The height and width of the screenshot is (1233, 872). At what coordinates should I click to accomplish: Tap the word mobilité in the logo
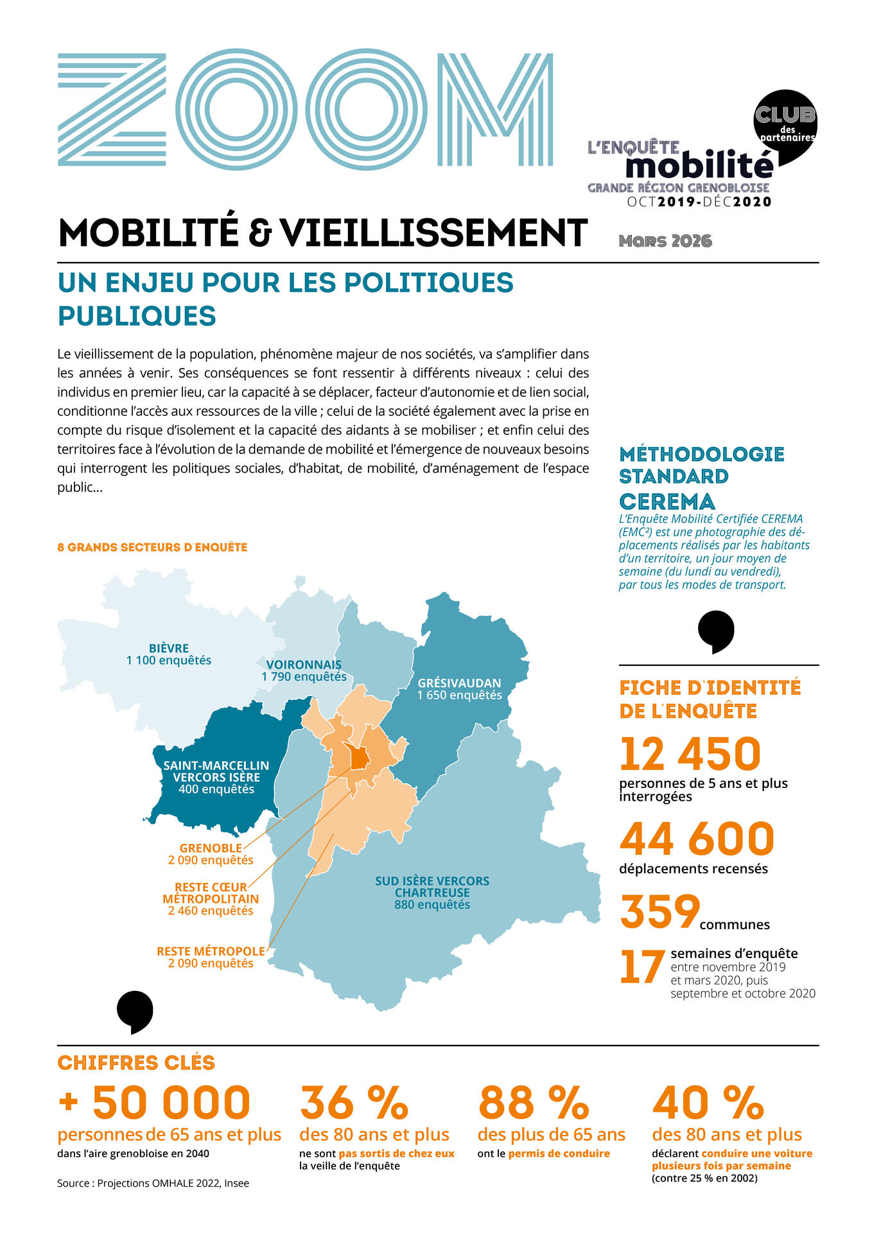699,166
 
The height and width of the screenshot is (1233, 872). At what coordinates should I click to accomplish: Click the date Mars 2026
665,241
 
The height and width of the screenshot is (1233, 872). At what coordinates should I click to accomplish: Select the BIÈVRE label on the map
169,654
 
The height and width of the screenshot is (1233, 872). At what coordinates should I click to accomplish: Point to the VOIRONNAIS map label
304,670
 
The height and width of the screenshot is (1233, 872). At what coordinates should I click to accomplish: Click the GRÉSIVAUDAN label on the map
459,689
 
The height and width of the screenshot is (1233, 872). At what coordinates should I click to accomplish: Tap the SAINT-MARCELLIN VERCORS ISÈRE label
216,777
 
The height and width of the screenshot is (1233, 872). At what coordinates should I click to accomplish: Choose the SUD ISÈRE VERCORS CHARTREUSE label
432,893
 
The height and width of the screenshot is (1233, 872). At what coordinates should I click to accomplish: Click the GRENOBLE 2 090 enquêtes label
211,854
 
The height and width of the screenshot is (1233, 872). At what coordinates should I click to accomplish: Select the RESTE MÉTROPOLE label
211,957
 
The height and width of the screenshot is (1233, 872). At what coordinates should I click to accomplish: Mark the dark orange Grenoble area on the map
358,759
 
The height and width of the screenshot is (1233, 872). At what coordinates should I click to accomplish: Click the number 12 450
690,754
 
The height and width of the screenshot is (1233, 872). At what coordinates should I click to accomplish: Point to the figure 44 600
697,839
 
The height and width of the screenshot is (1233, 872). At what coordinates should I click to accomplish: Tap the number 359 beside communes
659,911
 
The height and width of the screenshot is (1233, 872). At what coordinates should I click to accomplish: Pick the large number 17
642,968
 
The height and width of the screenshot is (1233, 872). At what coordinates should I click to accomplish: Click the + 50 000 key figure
154,1102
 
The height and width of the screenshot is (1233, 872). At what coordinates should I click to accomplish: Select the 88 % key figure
533,1102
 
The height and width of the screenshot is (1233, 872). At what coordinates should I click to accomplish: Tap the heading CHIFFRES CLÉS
136,1062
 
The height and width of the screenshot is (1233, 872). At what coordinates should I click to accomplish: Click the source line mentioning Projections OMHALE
153,1183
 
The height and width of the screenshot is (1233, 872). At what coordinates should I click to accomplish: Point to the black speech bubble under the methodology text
716,631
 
